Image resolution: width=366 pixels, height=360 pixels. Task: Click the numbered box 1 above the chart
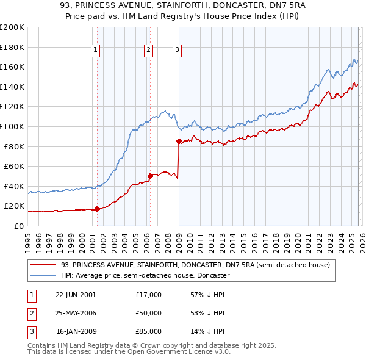coord(97,51)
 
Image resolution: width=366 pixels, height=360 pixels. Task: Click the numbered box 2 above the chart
coord(149,51)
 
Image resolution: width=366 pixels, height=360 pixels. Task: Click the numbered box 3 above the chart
coord(178,51)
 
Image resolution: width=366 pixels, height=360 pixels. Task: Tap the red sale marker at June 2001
coord(97,209)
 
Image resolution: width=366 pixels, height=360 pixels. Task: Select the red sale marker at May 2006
coord(150,176)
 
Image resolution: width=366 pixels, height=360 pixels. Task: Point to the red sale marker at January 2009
coord(179,141)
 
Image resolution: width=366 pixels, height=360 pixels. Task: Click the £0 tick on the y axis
coord(18,226)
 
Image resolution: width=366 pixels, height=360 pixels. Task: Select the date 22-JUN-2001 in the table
coord(76,295)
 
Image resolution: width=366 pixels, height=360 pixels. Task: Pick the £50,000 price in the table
coord(149,313)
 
